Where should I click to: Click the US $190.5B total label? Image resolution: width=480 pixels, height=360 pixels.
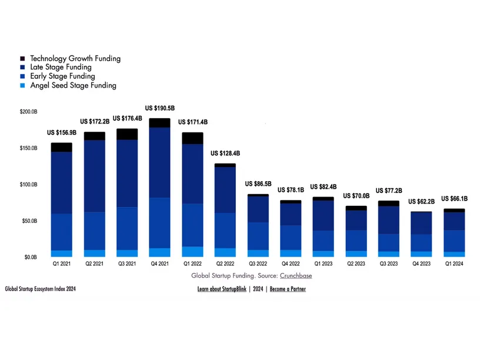coord(160,108)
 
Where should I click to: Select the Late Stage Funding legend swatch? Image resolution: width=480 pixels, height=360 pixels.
coord(22,68)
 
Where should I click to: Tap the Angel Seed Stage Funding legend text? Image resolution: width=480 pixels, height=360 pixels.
coord(73,85)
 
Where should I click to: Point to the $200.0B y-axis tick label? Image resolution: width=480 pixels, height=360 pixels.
coord(28,112)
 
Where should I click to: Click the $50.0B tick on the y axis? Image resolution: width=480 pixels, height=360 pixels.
coord(28,221)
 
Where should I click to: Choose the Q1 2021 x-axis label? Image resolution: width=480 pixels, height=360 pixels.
coord(62,264)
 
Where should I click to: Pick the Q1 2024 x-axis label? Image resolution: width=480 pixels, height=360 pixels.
coord(453,264)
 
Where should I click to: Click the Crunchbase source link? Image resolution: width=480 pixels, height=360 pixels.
coord(296,275)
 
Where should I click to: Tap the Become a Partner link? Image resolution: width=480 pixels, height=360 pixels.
coord(288,289)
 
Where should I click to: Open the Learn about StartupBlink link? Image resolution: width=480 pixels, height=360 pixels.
coord(222,289)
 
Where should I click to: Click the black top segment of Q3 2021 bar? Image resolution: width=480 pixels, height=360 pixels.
coord(127,134)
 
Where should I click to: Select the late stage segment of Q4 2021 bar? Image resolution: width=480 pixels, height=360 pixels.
coord(160,162)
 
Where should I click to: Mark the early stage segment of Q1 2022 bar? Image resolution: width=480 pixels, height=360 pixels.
coord(192,225)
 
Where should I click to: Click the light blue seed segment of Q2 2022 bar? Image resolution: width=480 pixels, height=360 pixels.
coord(225,252)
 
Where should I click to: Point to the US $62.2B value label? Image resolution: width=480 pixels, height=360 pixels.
coord(421,202)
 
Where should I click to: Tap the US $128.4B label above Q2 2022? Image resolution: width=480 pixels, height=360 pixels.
coord(225,154)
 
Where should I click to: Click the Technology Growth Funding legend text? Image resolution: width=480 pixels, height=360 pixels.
coord(75,59)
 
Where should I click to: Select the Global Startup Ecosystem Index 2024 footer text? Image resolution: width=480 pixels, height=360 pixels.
coord(41,289)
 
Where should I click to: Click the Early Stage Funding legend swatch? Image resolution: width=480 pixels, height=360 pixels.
coord(22,76)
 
